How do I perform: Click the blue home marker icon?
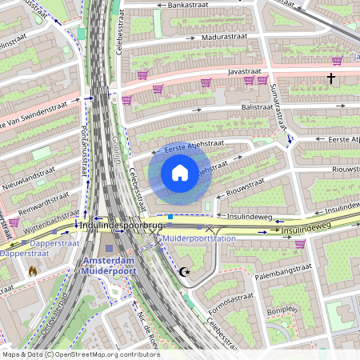[x=180, y=172]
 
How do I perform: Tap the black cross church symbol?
[x=330, y=78]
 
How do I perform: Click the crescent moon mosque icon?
[x=185, y=272]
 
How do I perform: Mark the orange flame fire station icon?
[x=33, y=272]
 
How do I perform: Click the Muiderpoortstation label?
[x=199, y=238]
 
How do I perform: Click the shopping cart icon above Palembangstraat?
[x=300, y=244]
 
